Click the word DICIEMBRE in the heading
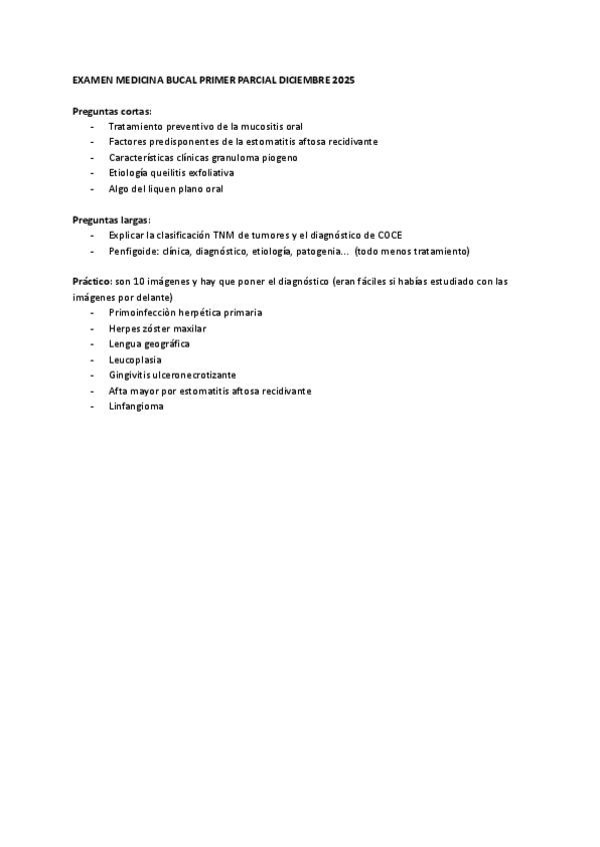tap(317, 79)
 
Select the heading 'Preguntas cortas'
tap(112, 111)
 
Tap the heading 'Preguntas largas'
tap(111, 219)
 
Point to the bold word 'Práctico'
tap(92, 282)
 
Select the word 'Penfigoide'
tap(134, 251)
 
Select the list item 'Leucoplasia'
tap(135, 360)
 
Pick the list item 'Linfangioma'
tap(135, 407)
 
